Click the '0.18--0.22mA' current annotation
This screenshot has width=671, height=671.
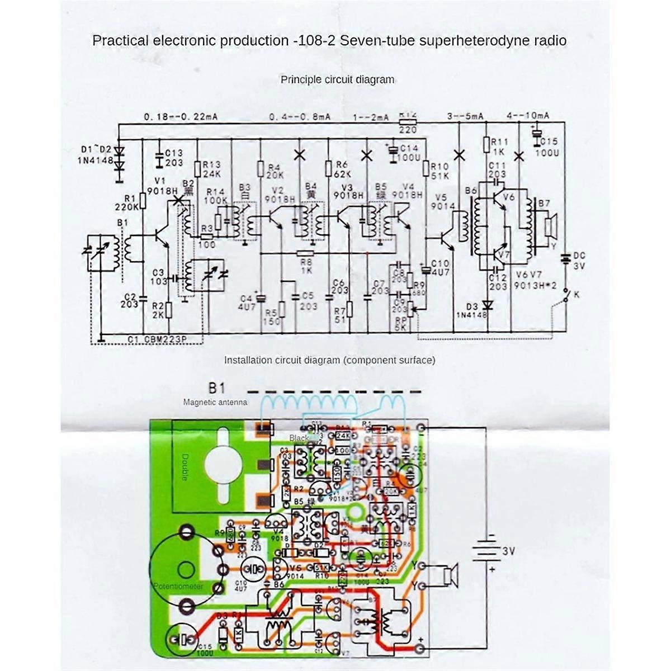pos(180,117)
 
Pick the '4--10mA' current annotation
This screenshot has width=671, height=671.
pos(528,116)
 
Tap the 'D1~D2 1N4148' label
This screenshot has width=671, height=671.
pos(96,155)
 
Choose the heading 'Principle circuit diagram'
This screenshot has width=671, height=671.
pos(337,79)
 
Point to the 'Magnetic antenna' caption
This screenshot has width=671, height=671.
pos(215,402)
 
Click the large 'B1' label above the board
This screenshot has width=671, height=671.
pos(217,388)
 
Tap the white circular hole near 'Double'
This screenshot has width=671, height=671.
pos(224,464)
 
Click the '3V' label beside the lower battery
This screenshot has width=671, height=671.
pos(508,551)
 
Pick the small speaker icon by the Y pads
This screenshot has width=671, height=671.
pos(450,575)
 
